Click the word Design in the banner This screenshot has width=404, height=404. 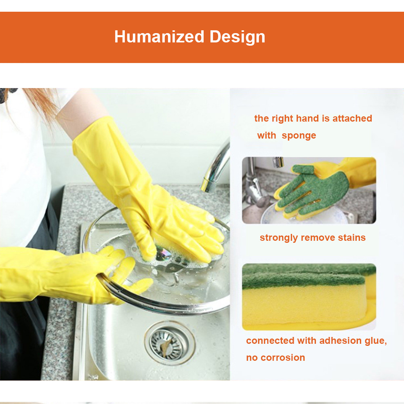tap(237, 37)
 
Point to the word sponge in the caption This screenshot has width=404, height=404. tap(299, 136)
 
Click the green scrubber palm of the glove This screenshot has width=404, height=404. tap(319, 190)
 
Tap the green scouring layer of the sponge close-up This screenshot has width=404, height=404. tap(307, 277)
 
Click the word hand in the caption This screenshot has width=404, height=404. tap(307, 118)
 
